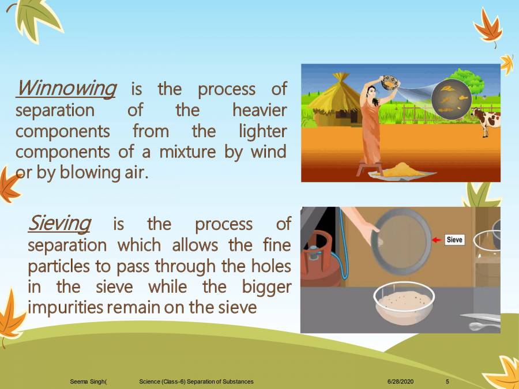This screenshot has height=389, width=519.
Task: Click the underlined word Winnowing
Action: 66,89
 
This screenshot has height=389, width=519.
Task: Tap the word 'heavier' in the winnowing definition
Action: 259,109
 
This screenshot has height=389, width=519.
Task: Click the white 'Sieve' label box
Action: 454,240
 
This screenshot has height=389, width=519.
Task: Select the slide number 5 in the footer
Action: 448,382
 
